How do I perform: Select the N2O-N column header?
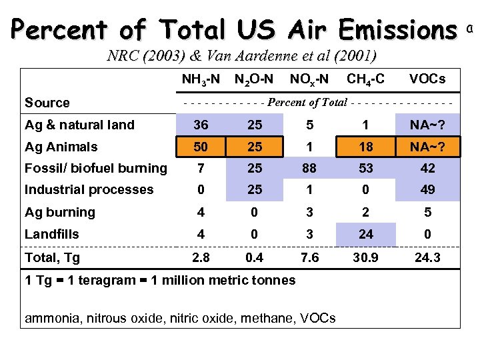coord(254,79)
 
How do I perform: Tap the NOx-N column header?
coord(309,79)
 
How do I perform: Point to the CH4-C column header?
coord(365,79)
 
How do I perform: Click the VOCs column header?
coord(427,79)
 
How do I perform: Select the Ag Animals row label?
coord(61,147)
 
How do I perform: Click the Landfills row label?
coord(52,234)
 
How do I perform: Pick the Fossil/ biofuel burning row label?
coord(96,168)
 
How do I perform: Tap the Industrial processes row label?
coord(89,189)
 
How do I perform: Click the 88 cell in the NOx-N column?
coord(309,168)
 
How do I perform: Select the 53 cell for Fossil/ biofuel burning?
coord(365,168)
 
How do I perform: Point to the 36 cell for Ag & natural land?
coord(201,125)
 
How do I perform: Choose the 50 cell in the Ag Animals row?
coord(201,147)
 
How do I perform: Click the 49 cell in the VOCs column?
coord(427,189)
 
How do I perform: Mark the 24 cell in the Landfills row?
coord(365,234)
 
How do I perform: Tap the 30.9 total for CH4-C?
coord(365,257)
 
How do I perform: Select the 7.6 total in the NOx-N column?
coord(309,257)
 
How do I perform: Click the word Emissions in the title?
coord(397,29)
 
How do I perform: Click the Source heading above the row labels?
coord(47,103)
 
